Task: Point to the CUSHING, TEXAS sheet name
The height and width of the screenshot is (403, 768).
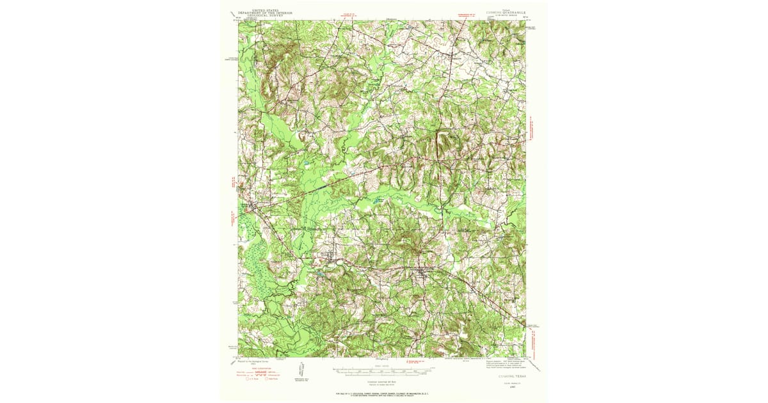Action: click(x=506, y=378)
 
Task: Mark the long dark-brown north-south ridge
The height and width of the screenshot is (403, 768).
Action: click(x=440, y=144)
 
